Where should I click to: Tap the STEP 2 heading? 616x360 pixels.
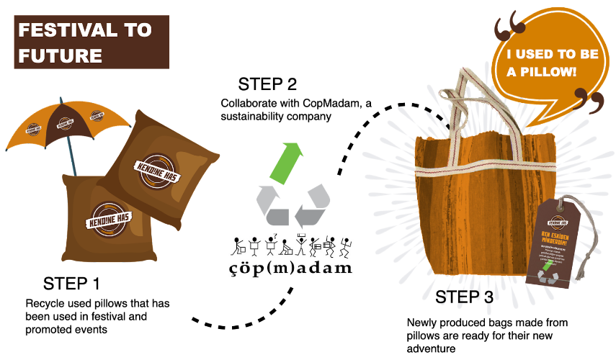[x=268, y=84]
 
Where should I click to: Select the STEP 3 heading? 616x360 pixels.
[x=465, y=298]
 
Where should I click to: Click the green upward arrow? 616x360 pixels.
[x=290, y=161]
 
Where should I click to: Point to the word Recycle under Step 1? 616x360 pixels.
[x=45, y=303]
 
